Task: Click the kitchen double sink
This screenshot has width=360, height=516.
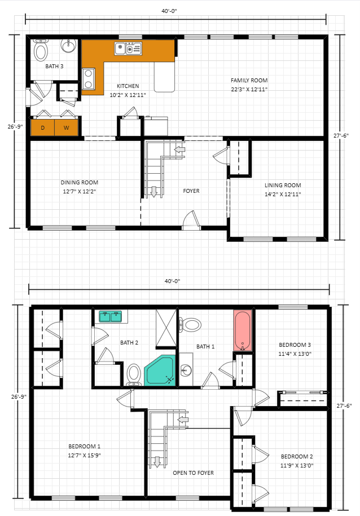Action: [128, 48]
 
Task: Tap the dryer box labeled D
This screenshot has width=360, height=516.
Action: [43, 127]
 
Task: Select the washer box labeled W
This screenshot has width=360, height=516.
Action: [66, 127]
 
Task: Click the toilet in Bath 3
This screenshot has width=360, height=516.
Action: [41, 50]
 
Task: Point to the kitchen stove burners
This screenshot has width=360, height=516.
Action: [88, 78]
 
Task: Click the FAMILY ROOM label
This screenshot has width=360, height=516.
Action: [249, 80]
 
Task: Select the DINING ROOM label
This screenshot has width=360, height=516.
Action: [80, 182]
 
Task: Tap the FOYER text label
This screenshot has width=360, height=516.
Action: [191, 191]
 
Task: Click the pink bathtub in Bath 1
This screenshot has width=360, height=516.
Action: [243, 330]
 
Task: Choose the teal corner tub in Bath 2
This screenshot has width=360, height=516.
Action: [160, 371]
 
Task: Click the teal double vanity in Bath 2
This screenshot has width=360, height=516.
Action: [111, 316]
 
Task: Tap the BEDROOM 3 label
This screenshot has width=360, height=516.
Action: [295, 345]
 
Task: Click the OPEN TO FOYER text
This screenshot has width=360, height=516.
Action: [194, 473]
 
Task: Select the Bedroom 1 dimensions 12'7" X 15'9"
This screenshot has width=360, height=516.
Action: [84, 456]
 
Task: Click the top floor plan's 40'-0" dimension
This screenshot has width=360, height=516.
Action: [169, 11]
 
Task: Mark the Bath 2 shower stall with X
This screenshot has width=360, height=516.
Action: [166, 328]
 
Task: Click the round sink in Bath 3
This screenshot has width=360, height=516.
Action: [69, 46]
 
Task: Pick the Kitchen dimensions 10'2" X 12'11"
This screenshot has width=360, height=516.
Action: [128, 95]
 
